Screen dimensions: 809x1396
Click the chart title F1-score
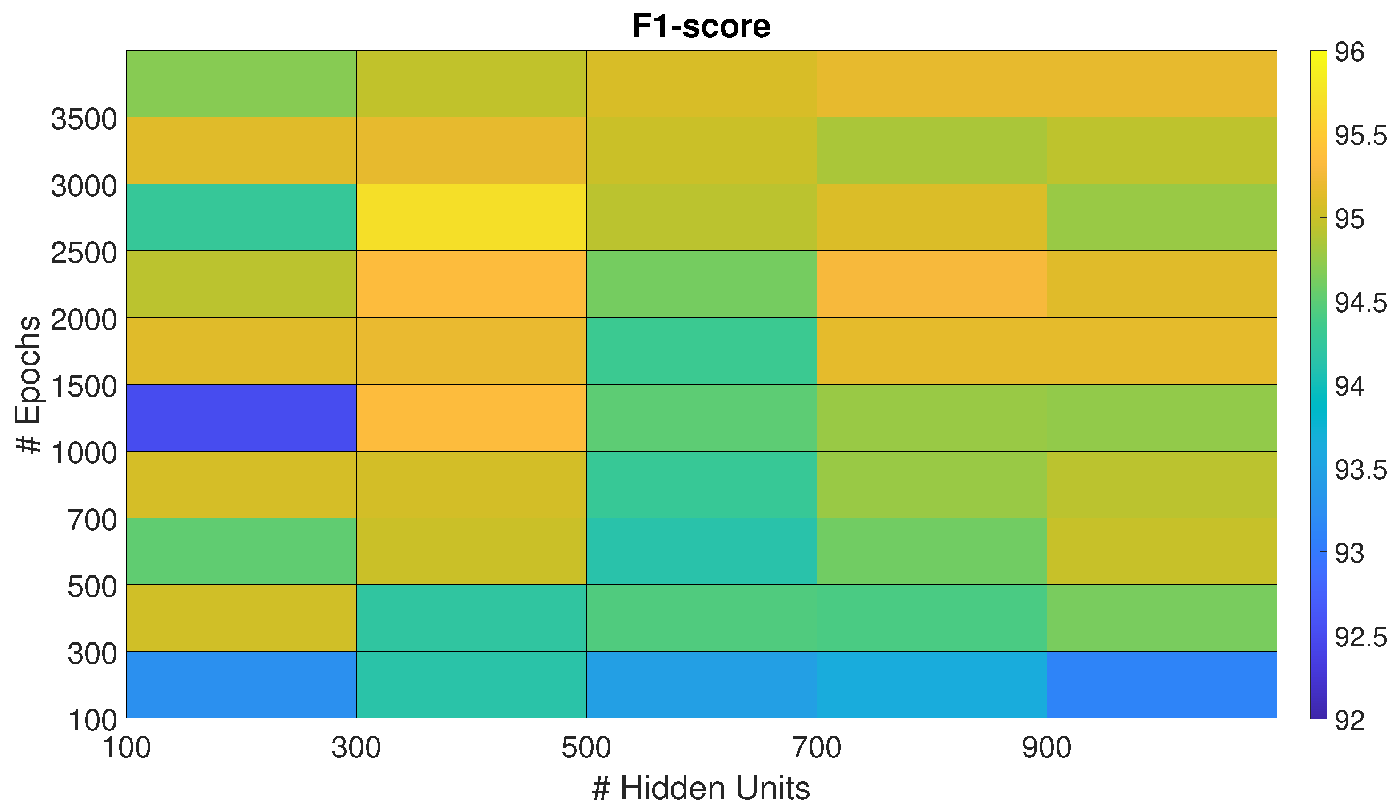click(701, 26)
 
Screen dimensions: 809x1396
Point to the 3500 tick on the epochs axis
click(84, 119)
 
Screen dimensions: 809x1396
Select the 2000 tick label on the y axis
click(84, 320)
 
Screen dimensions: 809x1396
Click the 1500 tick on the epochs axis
click(84, 386)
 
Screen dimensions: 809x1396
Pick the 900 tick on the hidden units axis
click(1046, 748)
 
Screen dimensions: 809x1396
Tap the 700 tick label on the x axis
click(817, 748)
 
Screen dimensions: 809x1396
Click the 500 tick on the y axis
click(92, 587)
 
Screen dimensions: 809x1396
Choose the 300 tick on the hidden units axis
click(356, 748)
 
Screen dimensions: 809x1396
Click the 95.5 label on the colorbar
click(1360, 136)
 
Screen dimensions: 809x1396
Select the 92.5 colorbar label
click(1360, 637)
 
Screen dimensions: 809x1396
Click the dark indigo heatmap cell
click(241, 417)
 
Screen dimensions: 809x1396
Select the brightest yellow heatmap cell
click(471, 217)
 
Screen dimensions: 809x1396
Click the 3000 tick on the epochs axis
click(84, 186)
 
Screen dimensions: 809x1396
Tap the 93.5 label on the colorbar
click(1360, 470)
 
